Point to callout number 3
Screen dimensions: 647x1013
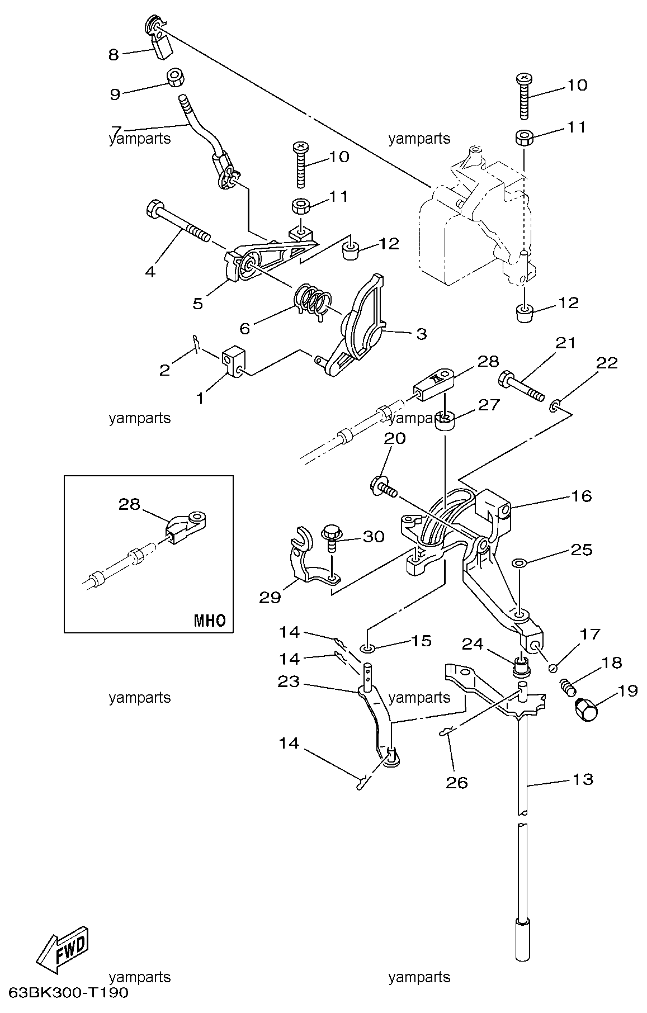[x=421, y=334]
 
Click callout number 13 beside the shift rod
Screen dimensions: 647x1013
[x=583, y=779]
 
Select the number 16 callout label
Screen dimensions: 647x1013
[x=582, y=496]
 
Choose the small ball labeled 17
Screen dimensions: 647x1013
[x=552, y=666]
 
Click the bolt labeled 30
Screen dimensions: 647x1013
[x=331, y=538]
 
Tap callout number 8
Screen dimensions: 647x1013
[x=114, y=54]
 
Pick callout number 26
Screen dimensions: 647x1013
[x=456, y=782]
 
